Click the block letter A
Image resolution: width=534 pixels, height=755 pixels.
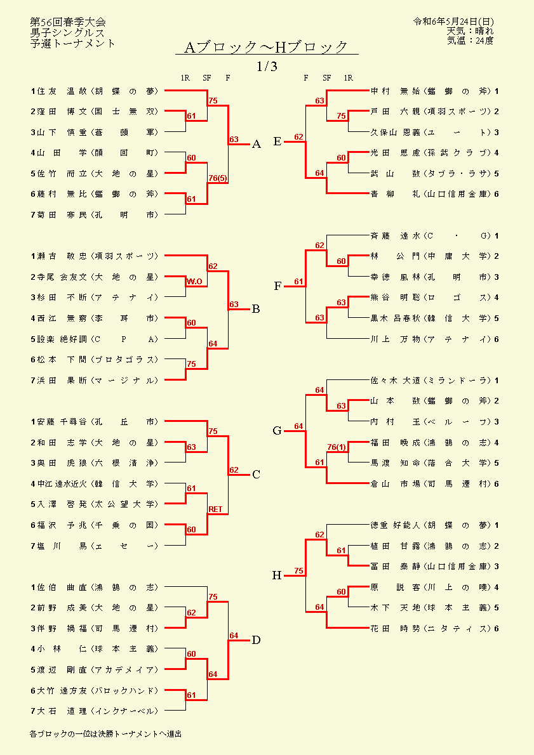[257, 144]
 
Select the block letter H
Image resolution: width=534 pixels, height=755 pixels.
[277, 575]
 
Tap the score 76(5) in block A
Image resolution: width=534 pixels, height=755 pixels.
[218, 178]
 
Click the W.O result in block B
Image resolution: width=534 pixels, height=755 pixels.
[194, 282]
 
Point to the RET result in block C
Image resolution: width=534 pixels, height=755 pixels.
[215, 509]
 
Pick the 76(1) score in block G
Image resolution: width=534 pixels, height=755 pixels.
[337, 447]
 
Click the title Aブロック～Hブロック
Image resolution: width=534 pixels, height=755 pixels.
[266, 47]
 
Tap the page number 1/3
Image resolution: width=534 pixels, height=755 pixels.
[267, 67]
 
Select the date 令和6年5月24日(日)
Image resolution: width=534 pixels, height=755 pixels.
[453, 22]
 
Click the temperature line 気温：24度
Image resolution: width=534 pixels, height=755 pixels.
[470, 41]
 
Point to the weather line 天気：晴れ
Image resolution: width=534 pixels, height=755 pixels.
[470, 31]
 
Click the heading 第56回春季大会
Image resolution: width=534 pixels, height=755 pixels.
[68, 22]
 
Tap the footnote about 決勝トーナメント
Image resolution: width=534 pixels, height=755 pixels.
[105, 734]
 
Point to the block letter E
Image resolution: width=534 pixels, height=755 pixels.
[277, 141]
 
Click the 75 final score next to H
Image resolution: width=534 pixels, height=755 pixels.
[299, 571]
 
